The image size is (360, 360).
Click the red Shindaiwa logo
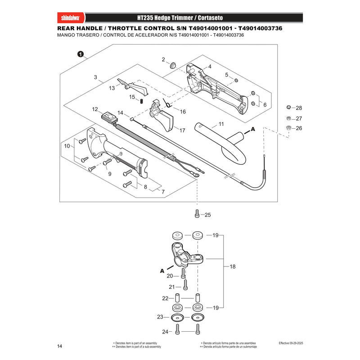click(x=71, y=18)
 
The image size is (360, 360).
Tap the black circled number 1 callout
click(x=81, y=54)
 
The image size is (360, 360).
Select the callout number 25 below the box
click(x=207, y=215)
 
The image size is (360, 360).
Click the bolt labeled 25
click(x=197, y=213)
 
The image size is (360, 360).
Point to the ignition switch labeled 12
click(x=109, y=117)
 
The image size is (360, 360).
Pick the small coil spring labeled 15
click(x=142, y=101)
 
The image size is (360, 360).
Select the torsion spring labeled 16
click(x=167, y=103)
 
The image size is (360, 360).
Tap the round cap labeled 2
click(x=172, y=65)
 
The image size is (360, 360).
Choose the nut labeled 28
click(x=289, y=107)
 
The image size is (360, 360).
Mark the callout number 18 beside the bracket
click(x=233, y=266)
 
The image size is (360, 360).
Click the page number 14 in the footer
click(x=59, y=346)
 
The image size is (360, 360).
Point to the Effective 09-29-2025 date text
click(x=291, y=343)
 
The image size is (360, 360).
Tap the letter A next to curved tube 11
click(x=253, y=129)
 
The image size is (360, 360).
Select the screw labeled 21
click(x=185, y=285)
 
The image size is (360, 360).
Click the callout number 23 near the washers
click(x=160, y=317)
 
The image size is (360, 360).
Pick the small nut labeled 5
click(x=236, y=80)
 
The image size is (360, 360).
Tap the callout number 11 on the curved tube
click(x=221, y=124)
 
